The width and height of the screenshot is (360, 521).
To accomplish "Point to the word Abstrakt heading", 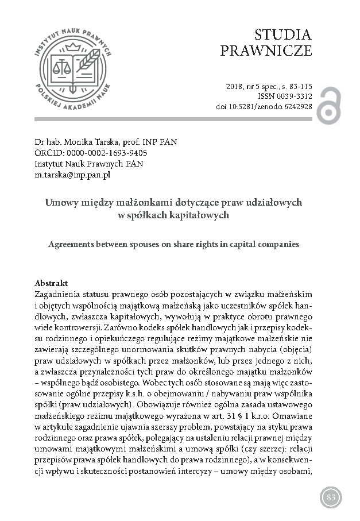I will pos(51,284).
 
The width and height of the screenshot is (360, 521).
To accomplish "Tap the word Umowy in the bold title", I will pos(60,203).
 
